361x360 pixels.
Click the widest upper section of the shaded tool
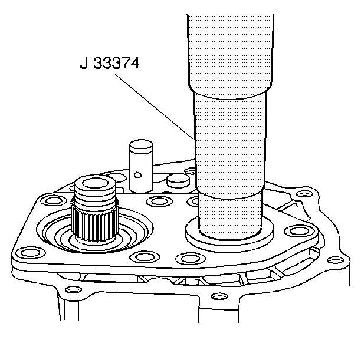[233, 47]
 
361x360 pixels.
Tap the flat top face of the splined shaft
[96, 184]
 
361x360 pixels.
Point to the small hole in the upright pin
[137, 174]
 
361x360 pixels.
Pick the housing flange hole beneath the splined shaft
[73, 289]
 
